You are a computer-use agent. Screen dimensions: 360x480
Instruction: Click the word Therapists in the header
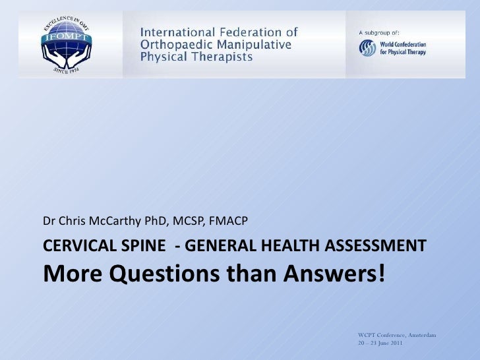click(218, 57)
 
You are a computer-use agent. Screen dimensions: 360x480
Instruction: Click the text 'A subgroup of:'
click(378, 32)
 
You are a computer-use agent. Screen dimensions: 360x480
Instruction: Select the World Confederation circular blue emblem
click(367, 48)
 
